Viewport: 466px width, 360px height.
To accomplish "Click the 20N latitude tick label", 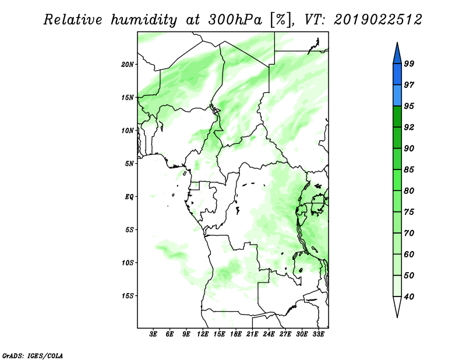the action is (128, 65).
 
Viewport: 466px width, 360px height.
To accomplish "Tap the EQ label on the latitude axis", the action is (129, 197).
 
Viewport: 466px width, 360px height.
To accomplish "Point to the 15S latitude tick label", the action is (128, 296).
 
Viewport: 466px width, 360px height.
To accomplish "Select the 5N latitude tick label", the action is (129, 164).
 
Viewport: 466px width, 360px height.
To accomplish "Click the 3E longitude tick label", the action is (153, 334).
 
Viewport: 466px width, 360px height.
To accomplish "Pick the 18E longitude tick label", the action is (236, 334).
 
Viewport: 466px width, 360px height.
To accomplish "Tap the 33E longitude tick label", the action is (318, 334).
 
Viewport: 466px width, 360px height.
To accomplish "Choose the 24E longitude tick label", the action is (269, 334).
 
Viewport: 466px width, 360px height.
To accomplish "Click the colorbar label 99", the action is (409, 63).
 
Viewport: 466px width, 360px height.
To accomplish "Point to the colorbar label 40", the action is (409, 297).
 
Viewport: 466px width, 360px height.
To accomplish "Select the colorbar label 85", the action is (409, 170).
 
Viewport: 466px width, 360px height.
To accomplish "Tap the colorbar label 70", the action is (409, 233).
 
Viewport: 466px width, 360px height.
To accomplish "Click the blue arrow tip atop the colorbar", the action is (397, 43).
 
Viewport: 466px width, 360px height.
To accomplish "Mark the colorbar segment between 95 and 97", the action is (397, 96).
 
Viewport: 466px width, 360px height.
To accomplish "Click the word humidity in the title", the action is (144, 20).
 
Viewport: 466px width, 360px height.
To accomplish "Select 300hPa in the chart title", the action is (235, 20).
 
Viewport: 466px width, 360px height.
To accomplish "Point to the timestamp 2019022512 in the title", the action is (377, 20).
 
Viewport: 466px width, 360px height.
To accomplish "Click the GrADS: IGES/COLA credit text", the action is (33, 355).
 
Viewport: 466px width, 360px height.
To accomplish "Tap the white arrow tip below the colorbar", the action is (397, 317).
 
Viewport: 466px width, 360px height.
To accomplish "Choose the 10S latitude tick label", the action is (128, 263).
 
